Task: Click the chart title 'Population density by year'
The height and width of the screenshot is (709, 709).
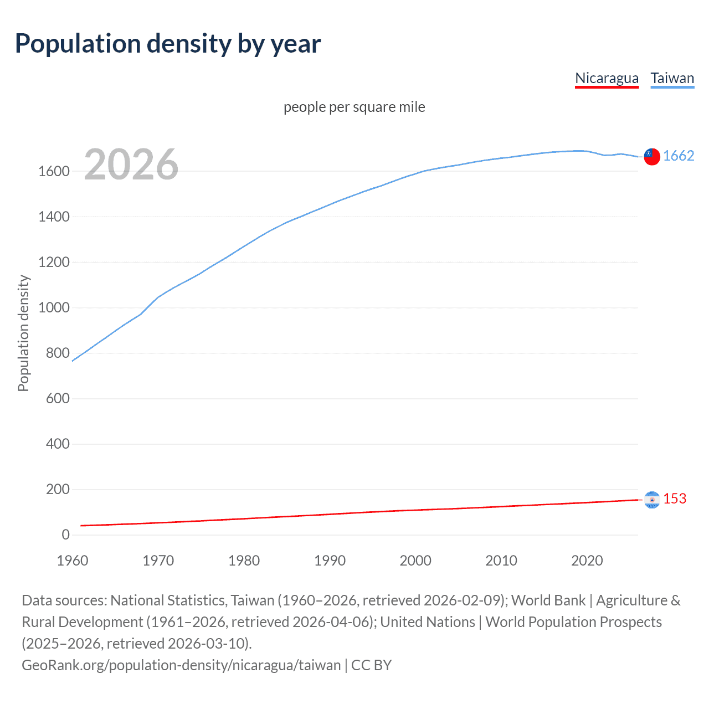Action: (168, 44)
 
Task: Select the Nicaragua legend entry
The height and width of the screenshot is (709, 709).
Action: (607, 78)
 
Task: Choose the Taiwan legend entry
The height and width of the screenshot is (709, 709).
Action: (672, 78)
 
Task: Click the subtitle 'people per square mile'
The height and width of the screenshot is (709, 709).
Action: (354, 107)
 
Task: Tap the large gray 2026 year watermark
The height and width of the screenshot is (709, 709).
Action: (131, 165)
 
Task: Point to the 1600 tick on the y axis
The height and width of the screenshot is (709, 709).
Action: (54, 171)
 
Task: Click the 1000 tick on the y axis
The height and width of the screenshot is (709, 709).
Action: (54, 307)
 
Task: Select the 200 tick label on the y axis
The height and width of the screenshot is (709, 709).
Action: (58, 489)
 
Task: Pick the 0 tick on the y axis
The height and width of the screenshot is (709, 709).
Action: (65, 535)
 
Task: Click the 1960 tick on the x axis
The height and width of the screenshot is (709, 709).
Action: (73, 561)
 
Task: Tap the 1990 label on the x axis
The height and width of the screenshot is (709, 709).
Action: (330, 561)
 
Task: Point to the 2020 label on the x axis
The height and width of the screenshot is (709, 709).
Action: (587, 561)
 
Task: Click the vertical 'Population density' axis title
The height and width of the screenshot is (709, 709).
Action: (23, 333)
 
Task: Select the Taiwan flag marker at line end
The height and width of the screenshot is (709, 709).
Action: (651, 157)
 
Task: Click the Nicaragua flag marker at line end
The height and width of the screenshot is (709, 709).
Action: (652, 500)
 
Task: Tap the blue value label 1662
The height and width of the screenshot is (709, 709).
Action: (678, 156)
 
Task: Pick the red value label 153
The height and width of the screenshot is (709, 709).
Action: (674, 499)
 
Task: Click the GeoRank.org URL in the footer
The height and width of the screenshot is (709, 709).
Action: (181, 665)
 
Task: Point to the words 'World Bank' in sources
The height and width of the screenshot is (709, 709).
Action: (548, 600)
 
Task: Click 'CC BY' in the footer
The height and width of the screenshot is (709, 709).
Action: (371, 665)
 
